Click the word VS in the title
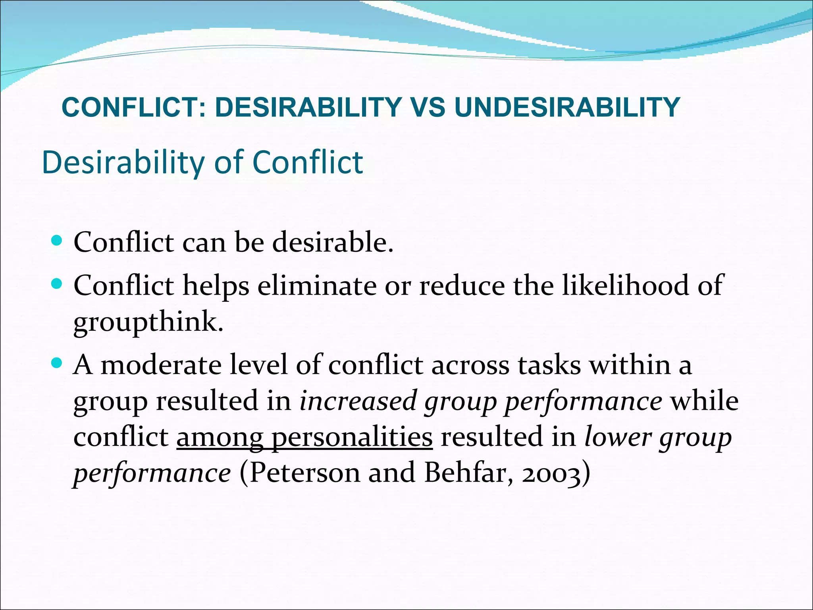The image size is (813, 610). (x=428, y=107)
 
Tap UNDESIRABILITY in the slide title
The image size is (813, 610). (x=567, y=107)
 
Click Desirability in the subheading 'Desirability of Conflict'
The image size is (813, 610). (x=123, y=163)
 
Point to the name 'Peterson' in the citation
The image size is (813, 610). (x=304, y=473)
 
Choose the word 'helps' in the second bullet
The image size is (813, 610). (x=216, y=286)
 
